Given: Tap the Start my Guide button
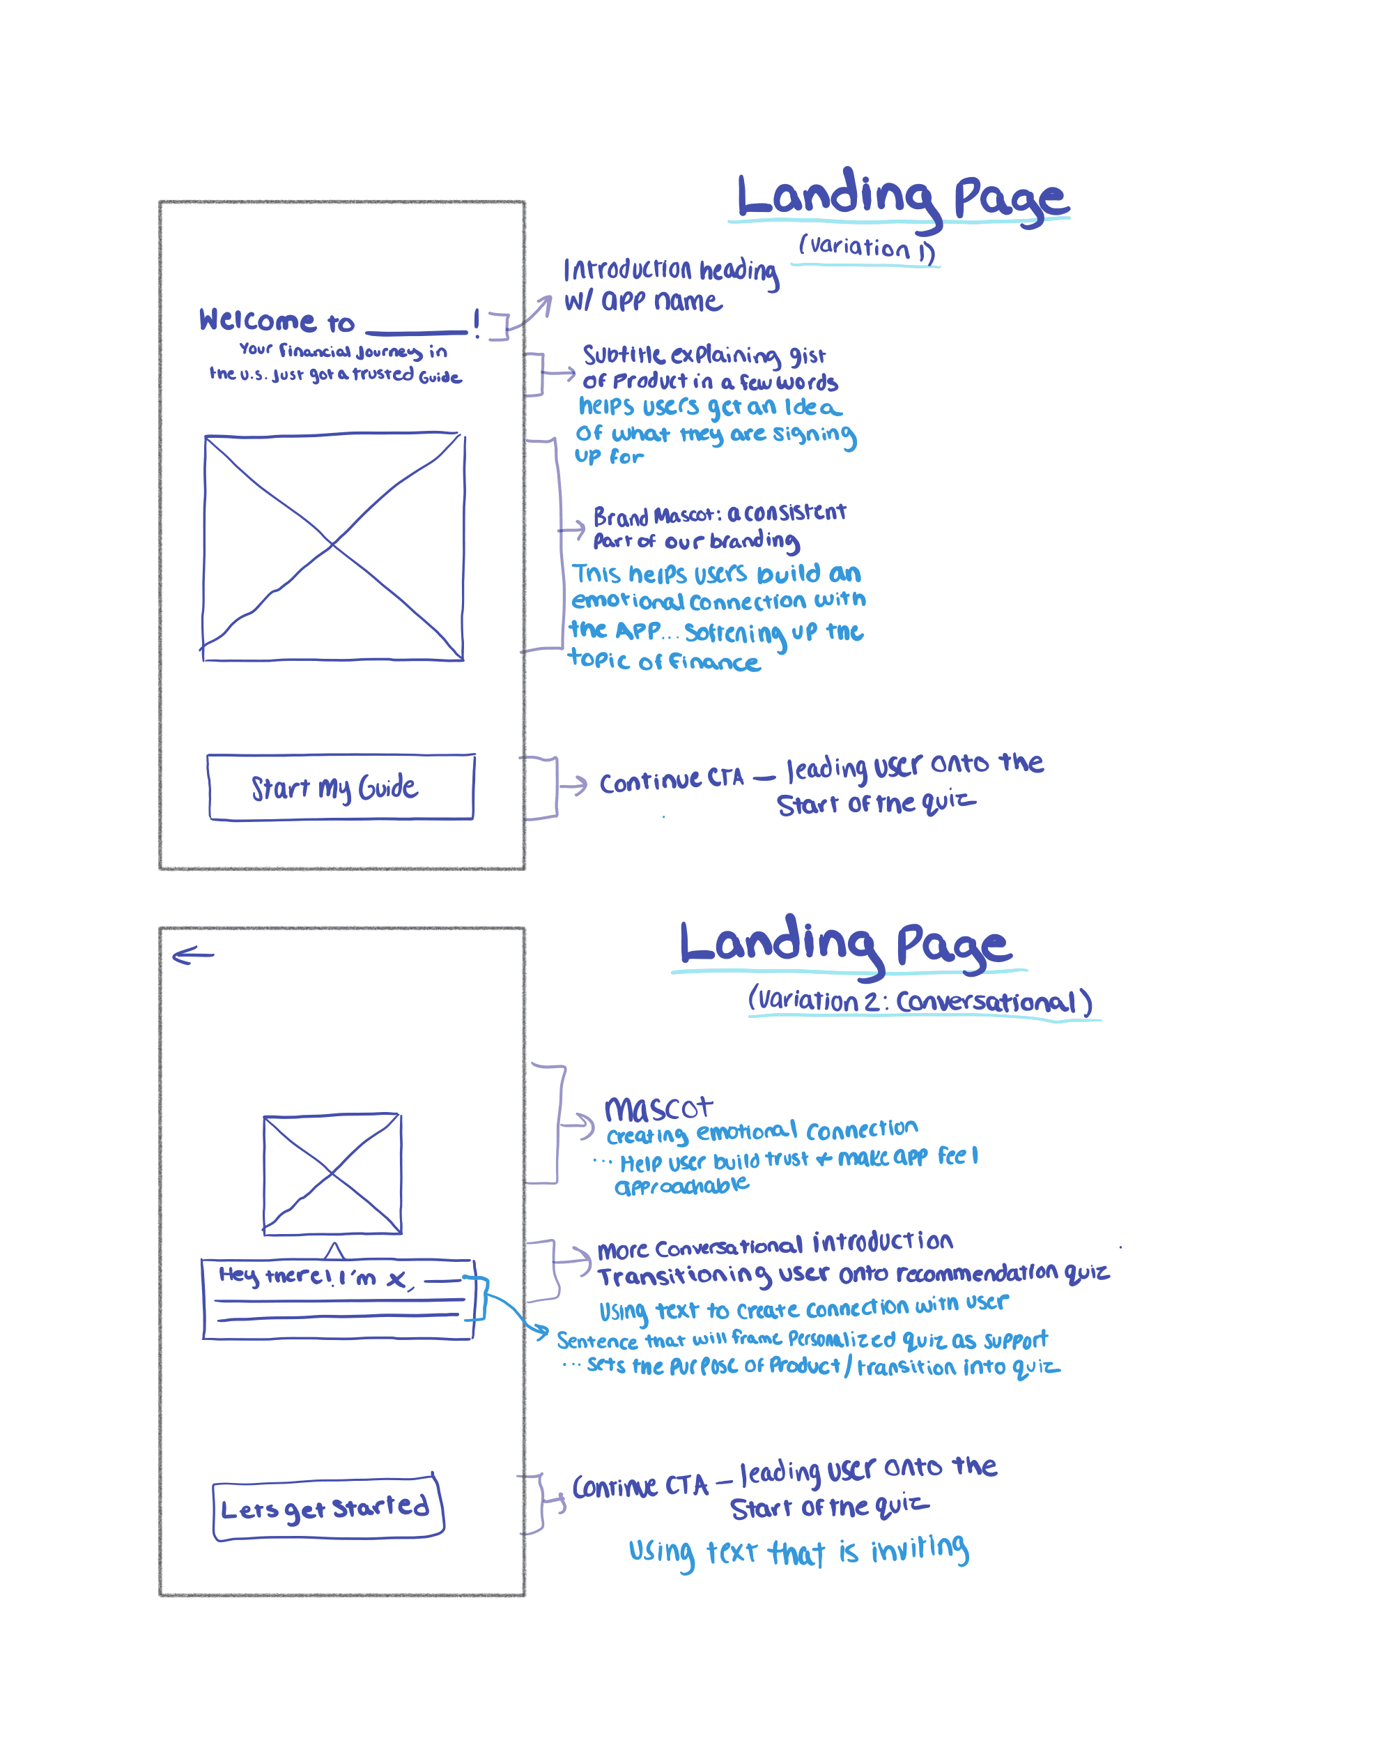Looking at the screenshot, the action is (x=340, y=786).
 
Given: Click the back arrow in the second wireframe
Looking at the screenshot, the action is (x=193, y=956).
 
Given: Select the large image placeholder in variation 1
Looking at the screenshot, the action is (x=333, y=547).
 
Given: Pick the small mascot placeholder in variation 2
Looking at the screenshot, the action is (x=332, y=1173).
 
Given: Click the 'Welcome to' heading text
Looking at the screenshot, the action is (x=277, y=321).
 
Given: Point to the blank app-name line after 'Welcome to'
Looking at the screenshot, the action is (x=416, y=330).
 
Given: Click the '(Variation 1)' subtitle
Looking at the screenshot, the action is (x=866, y=247).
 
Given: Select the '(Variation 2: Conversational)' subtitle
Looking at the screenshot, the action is (x=920, y=1001).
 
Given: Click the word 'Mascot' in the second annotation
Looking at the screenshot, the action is (x=658, y=1109).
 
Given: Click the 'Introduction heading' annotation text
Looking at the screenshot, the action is (x=671, y=270).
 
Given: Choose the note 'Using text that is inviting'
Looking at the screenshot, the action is (x=798, y=1551).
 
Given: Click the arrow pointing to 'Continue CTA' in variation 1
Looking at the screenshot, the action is (x=573, y=785).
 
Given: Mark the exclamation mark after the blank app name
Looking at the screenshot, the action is (x=477, y=323).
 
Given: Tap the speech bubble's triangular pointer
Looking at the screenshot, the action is (x=334, y=1250).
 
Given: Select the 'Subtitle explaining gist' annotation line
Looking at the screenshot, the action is (x=704, y=355).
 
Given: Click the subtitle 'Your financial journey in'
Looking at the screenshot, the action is (x=343, y=350).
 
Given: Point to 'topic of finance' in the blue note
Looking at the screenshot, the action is (x=664, y=662).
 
